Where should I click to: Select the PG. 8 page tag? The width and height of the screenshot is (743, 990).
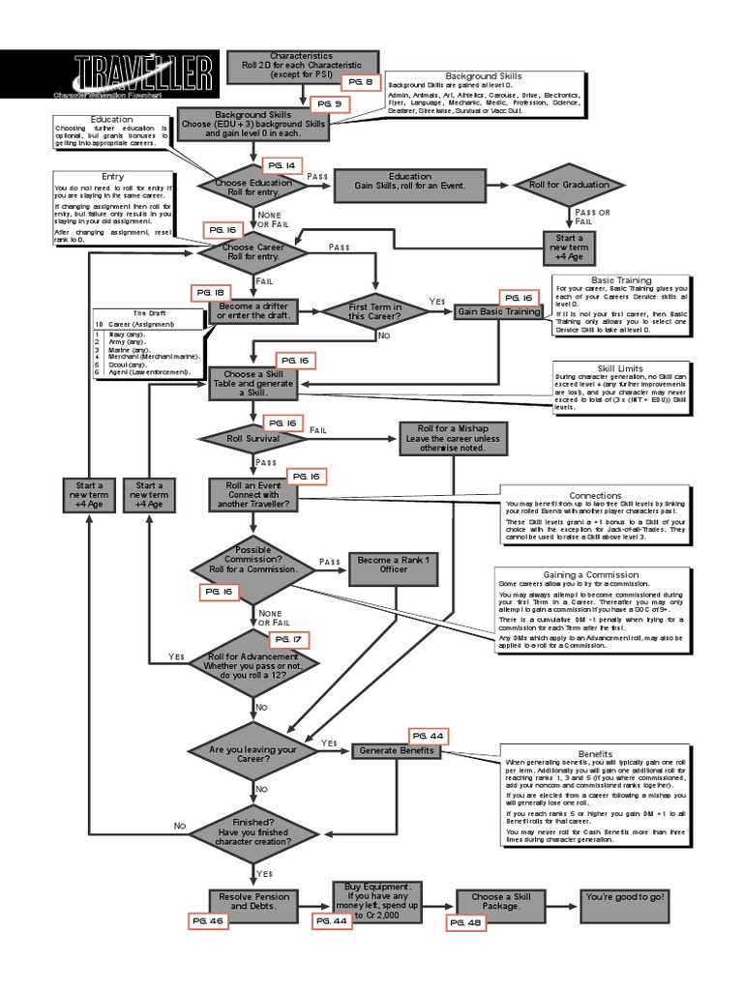click(x=358, y=82)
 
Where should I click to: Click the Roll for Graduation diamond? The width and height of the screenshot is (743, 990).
click(x=569, y=185)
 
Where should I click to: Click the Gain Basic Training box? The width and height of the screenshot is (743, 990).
click(x=498, y=312)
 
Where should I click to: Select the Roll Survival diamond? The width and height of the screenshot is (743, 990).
click(x=253, y=438)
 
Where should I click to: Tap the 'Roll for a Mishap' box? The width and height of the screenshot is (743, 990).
click(x=453, y=438)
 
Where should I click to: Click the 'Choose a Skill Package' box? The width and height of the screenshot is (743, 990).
click(x=501, y=902)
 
